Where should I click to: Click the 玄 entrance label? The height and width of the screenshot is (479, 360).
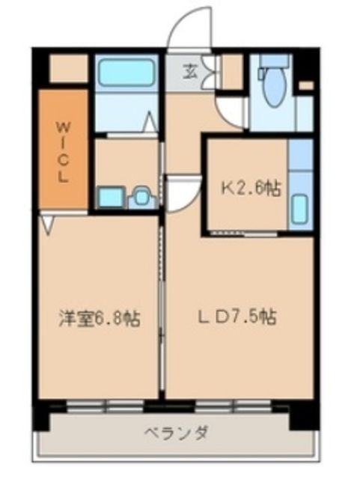tap(191, 72)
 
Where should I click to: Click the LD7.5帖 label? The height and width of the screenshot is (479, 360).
tap(238, 317)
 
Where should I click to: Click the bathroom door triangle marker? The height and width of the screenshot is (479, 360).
tap(150, 120)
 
